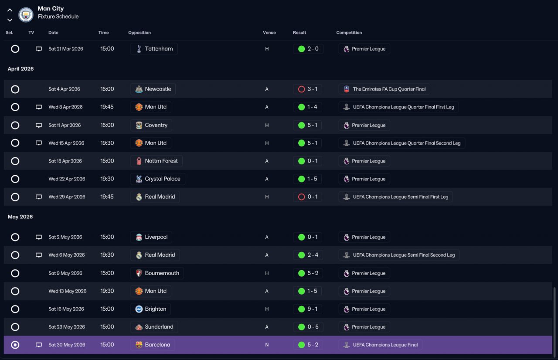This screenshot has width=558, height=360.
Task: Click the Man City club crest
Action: click(x=26, y=15)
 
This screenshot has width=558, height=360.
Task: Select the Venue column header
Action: click(x=269, y=33)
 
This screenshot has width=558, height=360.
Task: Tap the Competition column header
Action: click(x=349, y=33)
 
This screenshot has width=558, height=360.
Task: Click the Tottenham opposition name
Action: click(x=159, y=49)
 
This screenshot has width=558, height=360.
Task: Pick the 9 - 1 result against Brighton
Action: click(x=313, y=309)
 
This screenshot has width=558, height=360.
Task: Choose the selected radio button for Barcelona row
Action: click(x=15, y=345)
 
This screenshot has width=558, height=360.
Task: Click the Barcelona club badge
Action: click(x=139, y=345)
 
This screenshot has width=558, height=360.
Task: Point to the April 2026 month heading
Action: click(x=20, y=69)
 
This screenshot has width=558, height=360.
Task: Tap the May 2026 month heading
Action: click(x=20, y=217)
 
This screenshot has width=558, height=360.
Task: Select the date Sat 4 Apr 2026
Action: click(x=64, y=89)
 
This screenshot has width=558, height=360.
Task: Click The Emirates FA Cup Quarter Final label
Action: click(x=389, y=89)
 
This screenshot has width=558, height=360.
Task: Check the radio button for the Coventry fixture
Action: click(x=15, y=125)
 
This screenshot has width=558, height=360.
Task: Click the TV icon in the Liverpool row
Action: click(x=39, y=237)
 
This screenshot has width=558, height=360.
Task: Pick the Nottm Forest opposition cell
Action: click(x=157, y=161)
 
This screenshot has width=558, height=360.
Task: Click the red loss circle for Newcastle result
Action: click(x=301, y=89)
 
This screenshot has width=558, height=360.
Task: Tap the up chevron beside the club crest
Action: click(x=10, y=10)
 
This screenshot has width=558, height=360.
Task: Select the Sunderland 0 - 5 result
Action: click(x=313, y=327)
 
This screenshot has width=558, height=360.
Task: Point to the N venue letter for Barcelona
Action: click(x=267, y=345)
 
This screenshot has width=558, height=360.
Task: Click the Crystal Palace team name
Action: click(x=163, y=179)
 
